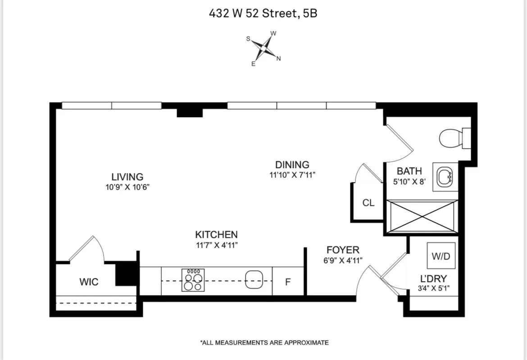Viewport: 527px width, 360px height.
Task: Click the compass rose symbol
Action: [x=263, y=47]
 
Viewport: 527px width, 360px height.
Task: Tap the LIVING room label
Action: [x=127, y=177]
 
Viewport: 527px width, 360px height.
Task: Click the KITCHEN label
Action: [x=216, y=235]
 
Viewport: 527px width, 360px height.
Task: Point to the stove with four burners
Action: [x=193, y=280]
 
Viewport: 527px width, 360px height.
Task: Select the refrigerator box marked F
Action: [x=288, y=282]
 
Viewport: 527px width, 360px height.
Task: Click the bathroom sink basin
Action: [x=445, y=176]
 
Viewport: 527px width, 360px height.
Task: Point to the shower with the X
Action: [x=423, y=217]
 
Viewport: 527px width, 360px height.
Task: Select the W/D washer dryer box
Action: [x=441, y=256]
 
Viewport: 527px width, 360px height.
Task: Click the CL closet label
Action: [x=368, y=203]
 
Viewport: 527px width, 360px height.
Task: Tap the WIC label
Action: [x=89, y=282]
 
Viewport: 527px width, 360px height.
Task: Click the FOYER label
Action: [x=343, y=250]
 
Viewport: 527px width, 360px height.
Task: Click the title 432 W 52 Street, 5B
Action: [x=263, y=14]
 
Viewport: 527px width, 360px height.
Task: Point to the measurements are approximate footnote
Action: [x=264, y=343]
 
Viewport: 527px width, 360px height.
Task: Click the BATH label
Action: [x=409, y=171]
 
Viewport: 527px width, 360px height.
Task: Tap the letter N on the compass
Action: [x=278, y=59]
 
